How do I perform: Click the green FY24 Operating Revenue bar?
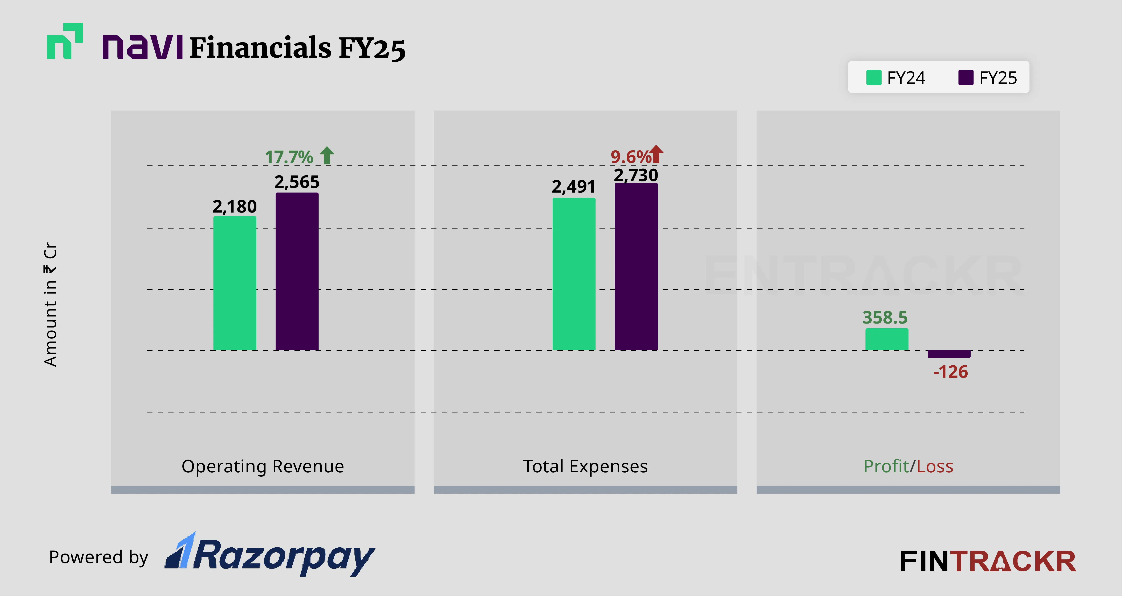coord(235,283)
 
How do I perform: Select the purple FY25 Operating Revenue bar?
coord(297,271)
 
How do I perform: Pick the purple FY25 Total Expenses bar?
coord(636,266)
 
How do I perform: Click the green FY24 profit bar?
coord(886,339)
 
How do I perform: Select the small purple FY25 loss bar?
coord(949,354)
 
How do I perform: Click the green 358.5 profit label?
coord(885,317)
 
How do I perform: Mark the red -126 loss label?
coord(950,372)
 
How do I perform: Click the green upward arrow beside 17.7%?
coord(327,155)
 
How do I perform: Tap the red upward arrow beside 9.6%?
coord(656,154)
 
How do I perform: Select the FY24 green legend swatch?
coord(874,78)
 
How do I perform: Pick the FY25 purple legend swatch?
coord(966,78)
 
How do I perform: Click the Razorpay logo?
coord(270,555)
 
